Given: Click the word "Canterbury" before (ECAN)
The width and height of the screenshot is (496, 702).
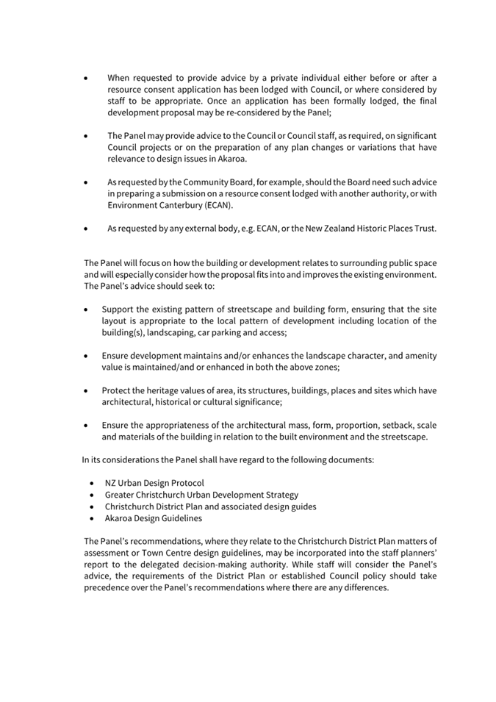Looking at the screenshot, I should [181, 205].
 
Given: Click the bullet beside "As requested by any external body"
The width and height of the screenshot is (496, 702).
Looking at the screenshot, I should [88, 229].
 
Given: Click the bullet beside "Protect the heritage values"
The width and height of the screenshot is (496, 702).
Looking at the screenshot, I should [88, 390].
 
